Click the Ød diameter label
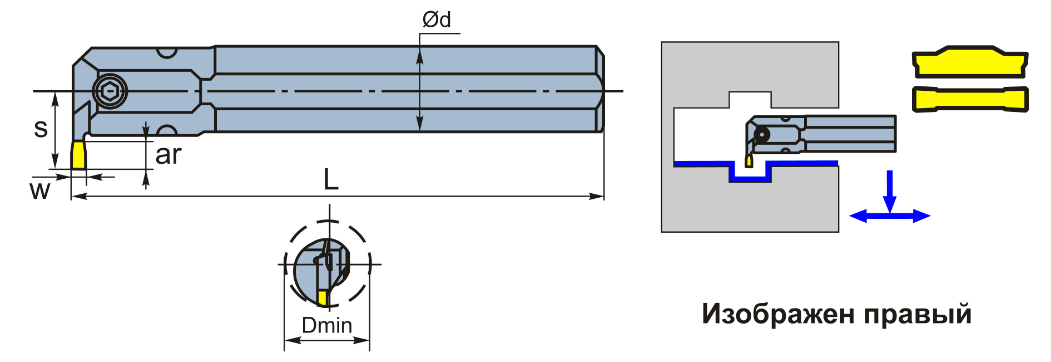click(437, 19)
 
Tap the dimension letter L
click(331, 179)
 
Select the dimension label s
click(41, 128)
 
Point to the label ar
click(168, 155)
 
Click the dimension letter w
click(39, 190)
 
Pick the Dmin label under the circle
click(327, 325)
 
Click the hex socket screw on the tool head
click(110, 91)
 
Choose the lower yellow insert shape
click(970, 99)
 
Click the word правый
click(919, 315)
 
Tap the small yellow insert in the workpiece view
click(749, 161)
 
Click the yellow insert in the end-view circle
click(323, 298)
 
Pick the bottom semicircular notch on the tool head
click(167, 130)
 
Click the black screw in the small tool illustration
click(761, 135)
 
